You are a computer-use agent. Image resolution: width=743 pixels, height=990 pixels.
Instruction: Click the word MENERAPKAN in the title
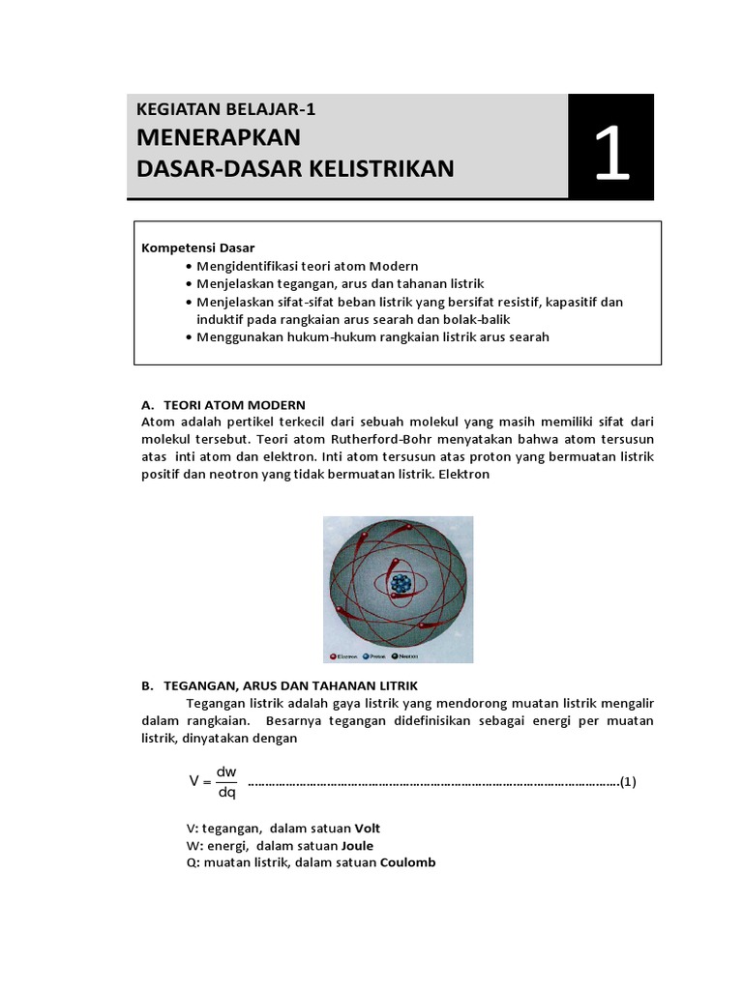tap(220, 137)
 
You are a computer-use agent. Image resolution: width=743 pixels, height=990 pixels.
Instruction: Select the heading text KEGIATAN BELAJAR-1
tap(226, 109)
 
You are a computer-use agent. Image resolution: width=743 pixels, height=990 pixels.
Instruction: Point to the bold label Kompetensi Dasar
tap(198, 247)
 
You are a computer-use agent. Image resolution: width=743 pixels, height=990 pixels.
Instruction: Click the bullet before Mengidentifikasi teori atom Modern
tap(189, 266)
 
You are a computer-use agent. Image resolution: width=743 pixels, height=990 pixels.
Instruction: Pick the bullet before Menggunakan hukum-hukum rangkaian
tap(189, 336)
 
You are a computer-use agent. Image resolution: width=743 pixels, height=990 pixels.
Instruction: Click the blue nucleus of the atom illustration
tap(399, 584)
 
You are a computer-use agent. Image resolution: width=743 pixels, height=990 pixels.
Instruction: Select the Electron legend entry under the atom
tap(345, 654)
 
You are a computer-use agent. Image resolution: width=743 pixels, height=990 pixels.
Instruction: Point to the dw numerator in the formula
tap(226, 772)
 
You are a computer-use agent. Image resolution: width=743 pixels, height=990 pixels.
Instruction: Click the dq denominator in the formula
tap(226, 793)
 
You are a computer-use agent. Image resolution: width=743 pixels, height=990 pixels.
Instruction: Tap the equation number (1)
tap(628, 782)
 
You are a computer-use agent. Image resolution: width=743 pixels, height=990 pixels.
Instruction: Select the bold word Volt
tap(374, 829)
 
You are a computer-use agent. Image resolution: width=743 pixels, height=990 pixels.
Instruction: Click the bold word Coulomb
tap(408, 862)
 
